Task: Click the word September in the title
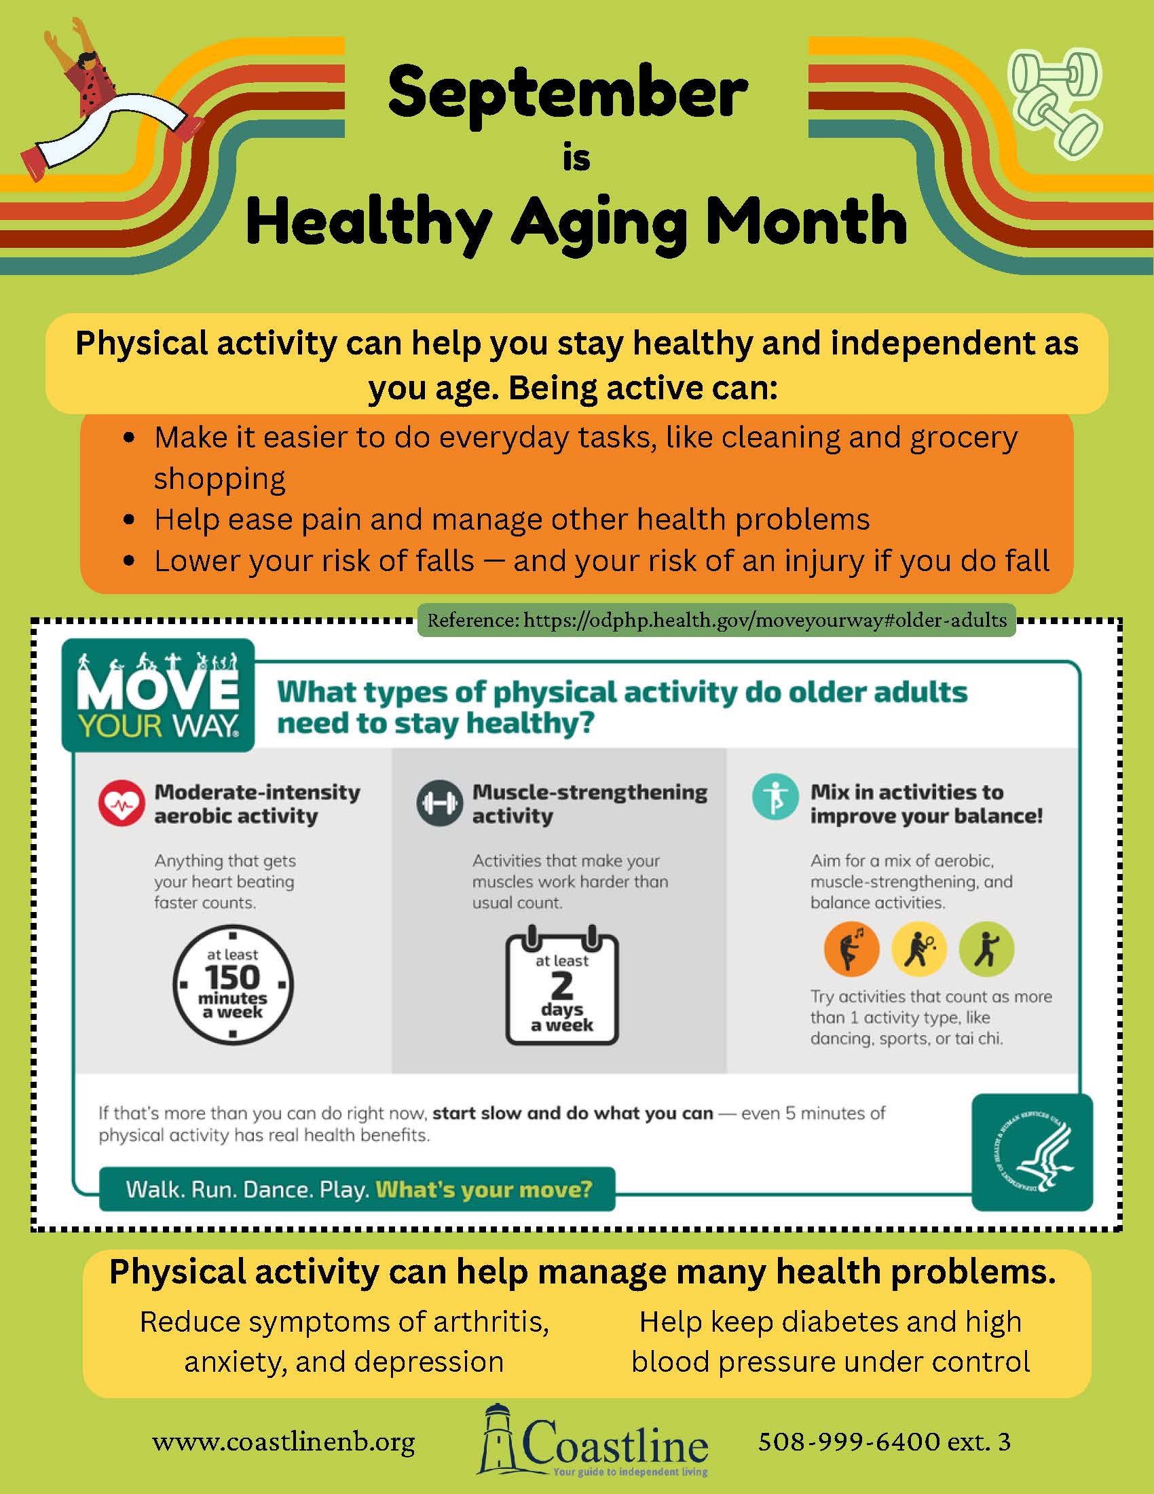(x=567, y=96)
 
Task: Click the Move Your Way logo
(x=158, y=695)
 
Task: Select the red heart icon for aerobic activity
(x=121, y=803)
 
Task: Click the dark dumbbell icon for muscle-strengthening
(x=439, y=803)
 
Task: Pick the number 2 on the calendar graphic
(x=562, y=986)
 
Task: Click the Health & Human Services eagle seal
(x=1032, y=1152)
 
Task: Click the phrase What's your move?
(x=484, y=1189)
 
